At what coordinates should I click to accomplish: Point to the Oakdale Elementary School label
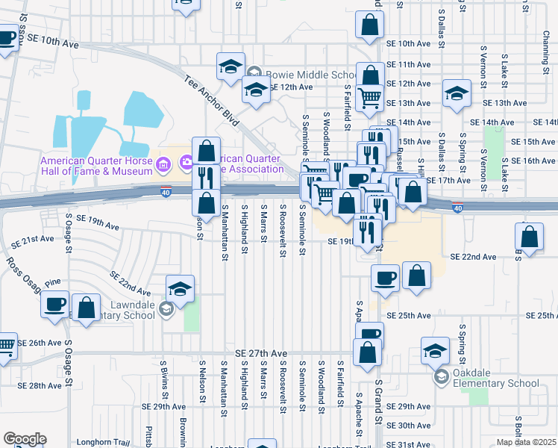[495, 383]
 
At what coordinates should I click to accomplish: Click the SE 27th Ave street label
[260, 353]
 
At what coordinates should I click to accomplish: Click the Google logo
[25, 438]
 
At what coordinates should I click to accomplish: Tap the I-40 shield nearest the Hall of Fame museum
[166, 193]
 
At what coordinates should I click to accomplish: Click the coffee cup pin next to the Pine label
[56, 304]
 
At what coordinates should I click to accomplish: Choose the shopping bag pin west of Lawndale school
[87, 307]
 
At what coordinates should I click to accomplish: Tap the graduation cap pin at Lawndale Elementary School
[180, 288]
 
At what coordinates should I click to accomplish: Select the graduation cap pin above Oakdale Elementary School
[436, 350]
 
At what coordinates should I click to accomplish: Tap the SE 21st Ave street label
[37, 239]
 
